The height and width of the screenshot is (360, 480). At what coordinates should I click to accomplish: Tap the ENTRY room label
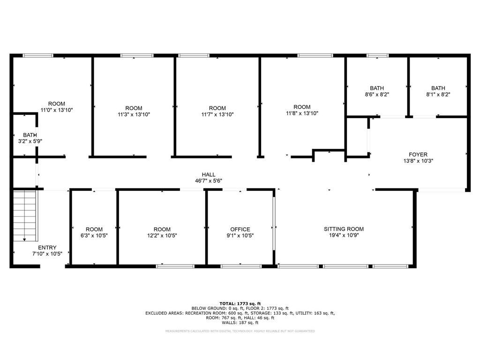[47, 247]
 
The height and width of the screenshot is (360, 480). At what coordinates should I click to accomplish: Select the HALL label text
[209, 174]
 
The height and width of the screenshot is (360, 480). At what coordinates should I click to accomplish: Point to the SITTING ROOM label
[344, 229]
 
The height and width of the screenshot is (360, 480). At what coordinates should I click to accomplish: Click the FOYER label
[418, 154]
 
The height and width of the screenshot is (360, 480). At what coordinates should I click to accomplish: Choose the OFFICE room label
[240, 229]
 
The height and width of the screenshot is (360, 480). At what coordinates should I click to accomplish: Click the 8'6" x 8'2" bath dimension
[377, 94]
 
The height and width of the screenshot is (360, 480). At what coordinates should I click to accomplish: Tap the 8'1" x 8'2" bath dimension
[438, 94]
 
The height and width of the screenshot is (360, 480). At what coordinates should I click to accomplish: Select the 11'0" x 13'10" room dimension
[57, 110]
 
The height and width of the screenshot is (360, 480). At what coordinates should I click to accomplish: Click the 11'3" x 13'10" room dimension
[134, 114]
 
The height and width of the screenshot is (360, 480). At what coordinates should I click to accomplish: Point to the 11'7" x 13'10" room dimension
[217, 114]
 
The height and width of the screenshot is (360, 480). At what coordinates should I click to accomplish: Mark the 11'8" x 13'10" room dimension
[302, 113]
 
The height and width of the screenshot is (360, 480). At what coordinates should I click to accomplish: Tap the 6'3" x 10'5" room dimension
[94, 235]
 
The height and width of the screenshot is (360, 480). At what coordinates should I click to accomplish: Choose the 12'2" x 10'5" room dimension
[162, 235]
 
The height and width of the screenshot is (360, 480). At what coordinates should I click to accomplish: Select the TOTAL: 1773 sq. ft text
[240, 304]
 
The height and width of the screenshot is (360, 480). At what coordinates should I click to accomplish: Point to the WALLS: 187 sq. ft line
[240, 322]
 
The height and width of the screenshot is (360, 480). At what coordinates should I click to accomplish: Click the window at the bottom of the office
[234, 266]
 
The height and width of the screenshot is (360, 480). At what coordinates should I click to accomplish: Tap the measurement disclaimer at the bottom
[240, 331]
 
